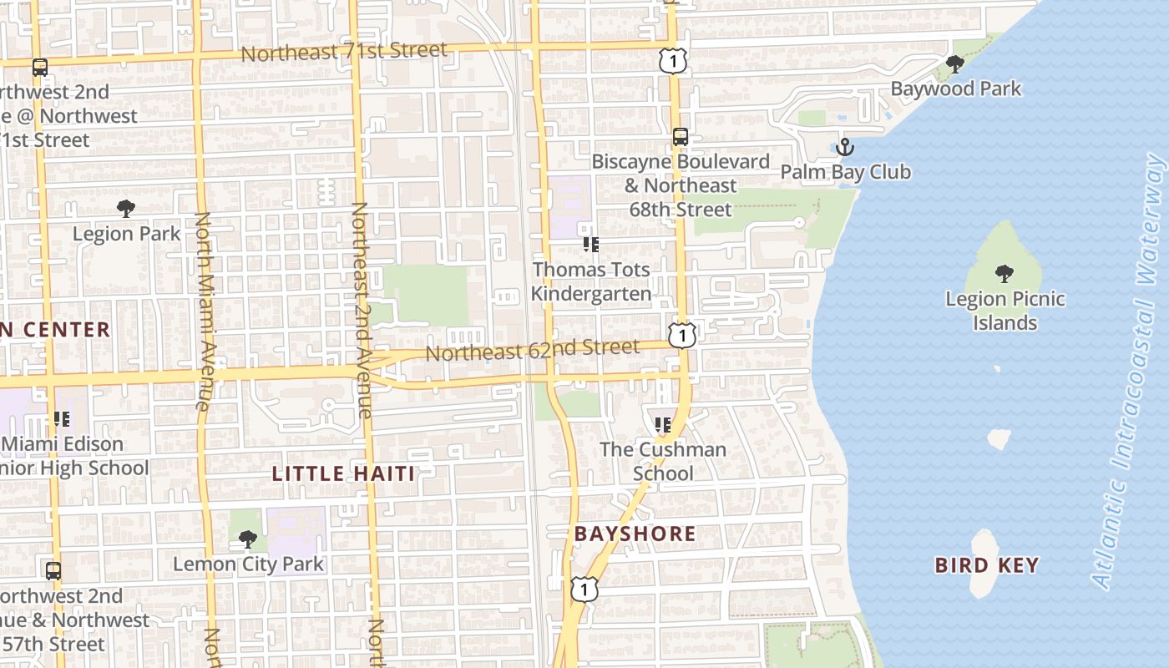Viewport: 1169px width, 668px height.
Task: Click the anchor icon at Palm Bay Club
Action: pos(845,148)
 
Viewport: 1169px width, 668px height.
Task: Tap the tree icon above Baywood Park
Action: pos(955,63)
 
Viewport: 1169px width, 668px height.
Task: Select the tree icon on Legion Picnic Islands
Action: pos(1005,273)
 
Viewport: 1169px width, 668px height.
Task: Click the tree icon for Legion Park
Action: pos(126,208)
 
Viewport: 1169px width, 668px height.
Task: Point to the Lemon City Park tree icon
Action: pos(247,539)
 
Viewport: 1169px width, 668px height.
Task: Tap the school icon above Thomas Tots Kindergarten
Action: pos(591,244)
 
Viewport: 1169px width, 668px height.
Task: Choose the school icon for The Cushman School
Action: pos(663,424)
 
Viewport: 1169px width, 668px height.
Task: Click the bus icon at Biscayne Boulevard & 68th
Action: pos(681,137)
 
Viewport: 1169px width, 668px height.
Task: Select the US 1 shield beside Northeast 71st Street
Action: pos(672,60)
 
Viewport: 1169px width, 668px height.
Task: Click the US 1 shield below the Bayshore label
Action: pos(584,588)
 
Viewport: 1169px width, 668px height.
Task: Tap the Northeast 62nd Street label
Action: pos(533,351)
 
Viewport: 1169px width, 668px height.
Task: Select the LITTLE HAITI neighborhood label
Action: pos(343,474)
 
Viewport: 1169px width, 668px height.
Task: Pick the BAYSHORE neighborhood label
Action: pos(635,534)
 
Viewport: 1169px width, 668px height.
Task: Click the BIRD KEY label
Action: pos(986,565)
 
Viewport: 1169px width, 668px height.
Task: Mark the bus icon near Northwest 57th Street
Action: pos(53,571)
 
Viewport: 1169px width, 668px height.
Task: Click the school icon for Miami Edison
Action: pos(61,418)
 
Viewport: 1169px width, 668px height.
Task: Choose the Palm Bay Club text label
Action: pos(845,172)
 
